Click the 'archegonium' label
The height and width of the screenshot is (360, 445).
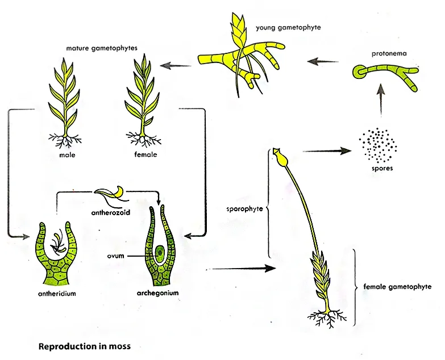coord(158,294)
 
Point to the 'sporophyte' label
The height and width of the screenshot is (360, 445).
coord(244,208)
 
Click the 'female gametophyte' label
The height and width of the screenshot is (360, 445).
coord(397,287)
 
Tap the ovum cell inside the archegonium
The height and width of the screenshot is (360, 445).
coord(160,250)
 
